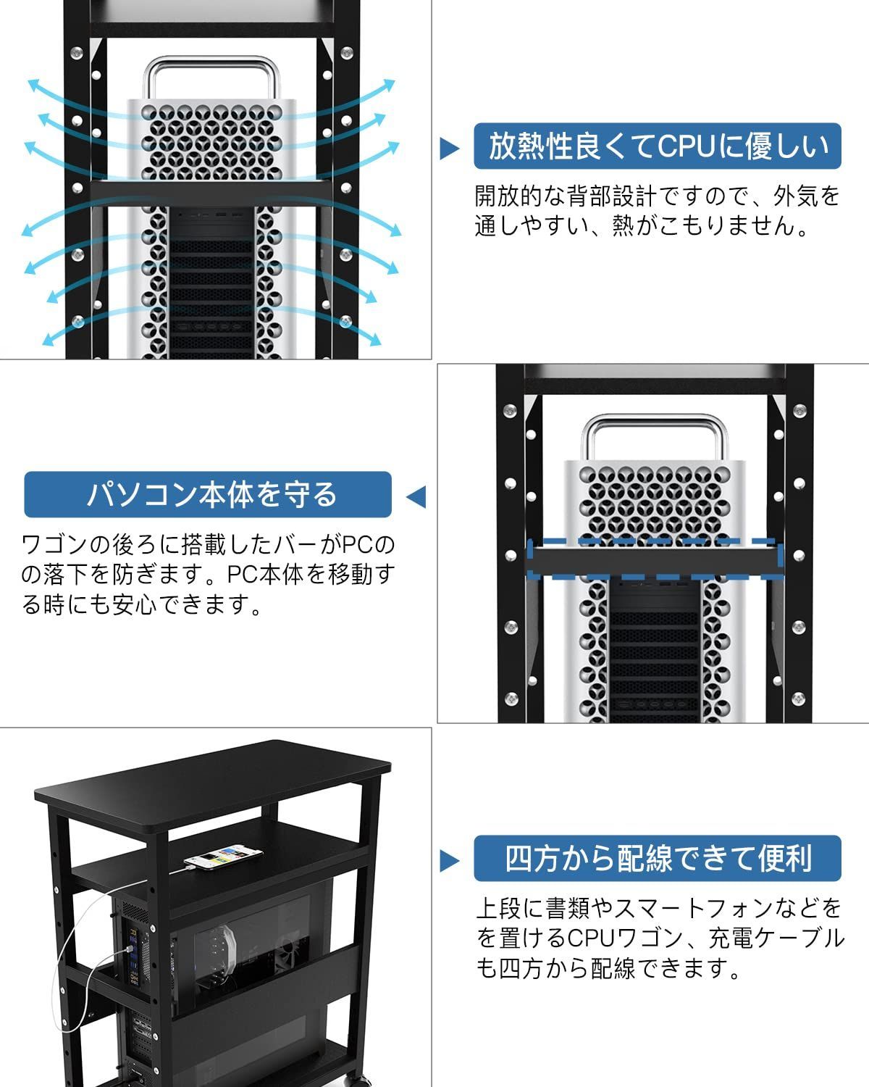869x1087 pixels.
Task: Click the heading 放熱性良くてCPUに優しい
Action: tap(657, 146)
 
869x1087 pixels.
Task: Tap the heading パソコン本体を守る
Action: tap(208, 494)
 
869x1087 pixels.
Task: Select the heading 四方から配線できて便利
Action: tap(657, 859)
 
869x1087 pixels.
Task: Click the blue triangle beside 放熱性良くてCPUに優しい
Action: tap(450, 149)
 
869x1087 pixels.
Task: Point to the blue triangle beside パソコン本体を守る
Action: tap(416, 497)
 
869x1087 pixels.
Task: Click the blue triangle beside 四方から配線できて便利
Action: tap(450, 861)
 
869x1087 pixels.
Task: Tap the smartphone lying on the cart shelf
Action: tap(224, 858)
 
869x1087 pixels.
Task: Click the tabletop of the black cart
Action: tap(214, 779)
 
